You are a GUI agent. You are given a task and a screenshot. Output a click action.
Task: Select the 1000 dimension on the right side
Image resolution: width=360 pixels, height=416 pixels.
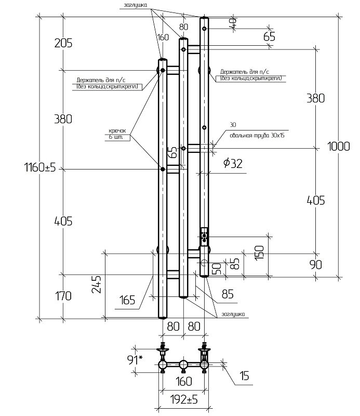(x=338, y=147)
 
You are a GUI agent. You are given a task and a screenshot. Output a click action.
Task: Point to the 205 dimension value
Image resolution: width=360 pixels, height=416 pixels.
(x=62, y=43)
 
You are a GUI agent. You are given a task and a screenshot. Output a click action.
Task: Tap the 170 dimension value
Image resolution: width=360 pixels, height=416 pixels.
(x=62, y=296)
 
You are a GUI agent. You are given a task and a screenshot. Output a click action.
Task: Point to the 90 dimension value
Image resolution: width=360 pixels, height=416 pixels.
(x=315, y=265)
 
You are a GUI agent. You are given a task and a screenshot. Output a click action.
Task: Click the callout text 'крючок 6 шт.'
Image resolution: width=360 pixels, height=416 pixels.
(x=117, y=134)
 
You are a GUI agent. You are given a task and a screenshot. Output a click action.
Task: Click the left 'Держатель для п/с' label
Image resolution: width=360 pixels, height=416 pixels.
(x=106, y=83)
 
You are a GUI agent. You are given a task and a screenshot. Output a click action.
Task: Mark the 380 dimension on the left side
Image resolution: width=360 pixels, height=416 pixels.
(x=62, y=119)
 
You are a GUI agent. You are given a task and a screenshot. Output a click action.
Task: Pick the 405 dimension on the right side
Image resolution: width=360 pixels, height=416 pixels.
(x=315, y=200)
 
